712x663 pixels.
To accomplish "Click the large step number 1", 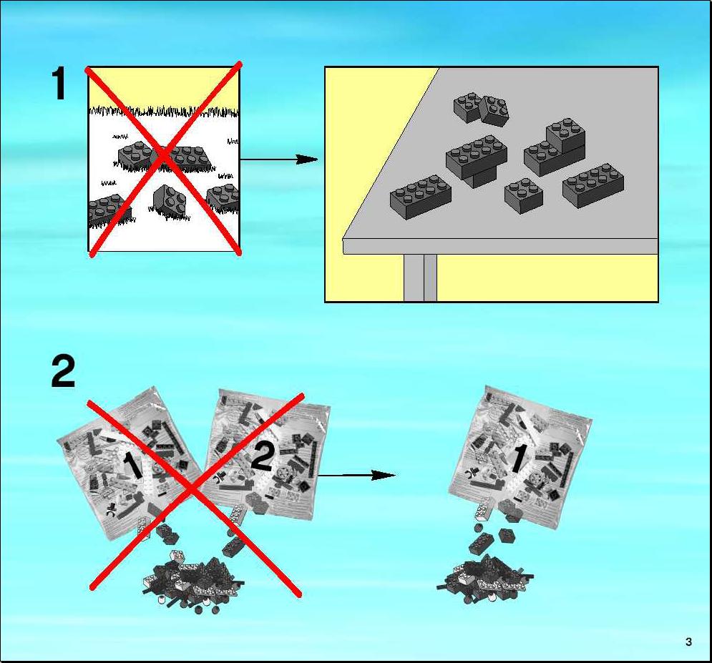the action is point(59,84).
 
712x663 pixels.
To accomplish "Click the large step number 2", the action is point(63,372).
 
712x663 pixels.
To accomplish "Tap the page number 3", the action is point(689,642).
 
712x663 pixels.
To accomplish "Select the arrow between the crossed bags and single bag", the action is point(356,476).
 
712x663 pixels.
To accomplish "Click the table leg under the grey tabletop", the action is point(421,278).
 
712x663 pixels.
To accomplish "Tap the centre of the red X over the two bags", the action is point(195,491).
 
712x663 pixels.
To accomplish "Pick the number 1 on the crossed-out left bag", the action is point(132,466).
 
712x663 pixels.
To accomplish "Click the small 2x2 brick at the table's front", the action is point(524,195).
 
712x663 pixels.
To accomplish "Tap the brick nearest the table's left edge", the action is point(421,197).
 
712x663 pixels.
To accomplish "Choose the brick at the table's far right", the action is point(593,186).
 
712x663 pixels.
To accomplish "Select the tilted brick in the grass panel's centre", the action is point(168,200).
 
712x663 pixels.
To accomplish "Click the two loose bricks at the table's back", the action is point(482,109).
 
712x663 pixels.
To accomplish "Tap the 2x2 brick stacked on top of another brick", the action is point(565,135).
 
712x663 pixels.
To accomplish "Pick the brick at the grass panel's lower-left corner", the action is point(109,210).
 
